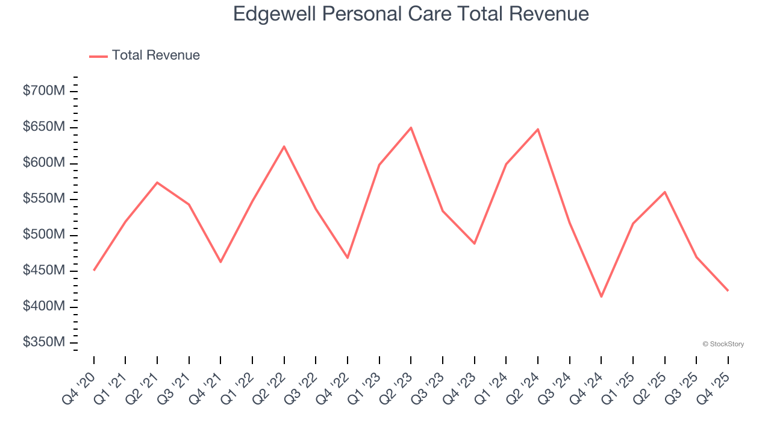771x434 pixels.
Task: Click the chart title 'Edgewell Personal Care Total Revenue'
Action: point(411,14)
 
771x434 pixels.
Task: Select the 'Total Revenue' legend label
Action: point(155,55)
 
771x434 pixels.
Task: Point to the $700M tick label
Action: point(44,91)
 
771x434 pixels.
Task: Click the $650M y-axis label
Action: point(44,127)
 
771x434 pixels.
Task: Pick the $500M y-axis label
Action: point(44,234)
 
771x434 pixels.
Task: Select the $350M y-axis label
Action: point(44,342)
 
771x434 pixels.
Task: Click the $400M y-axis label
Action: point(44,306)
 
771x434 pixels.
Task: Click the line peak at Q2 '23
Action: point(411,128)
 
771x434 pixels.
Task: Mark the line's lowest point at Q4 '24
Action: point(601,297)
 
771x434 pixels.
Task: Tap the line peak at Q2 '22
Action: point(284,146)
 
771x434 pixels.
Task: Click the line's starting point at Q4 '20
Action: point(94,270)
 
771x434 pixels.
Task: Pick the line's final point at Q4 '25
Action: point(728,291)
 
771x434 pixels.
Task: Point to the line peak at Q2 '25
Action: point(664,192)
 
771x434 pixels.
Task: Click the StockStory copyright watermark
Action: point(723,344)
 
